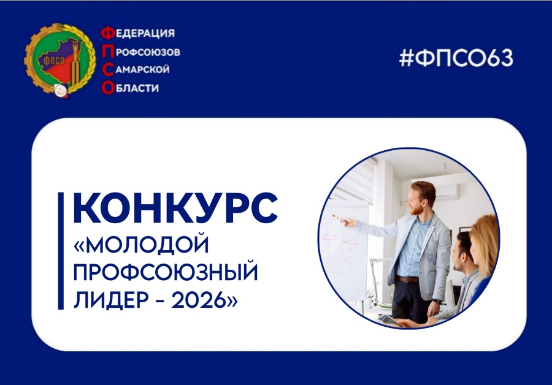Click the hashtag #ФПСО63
456,59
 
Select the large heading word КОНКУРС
175,209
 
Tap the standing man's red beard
418,209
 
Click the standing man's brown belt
408,278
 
